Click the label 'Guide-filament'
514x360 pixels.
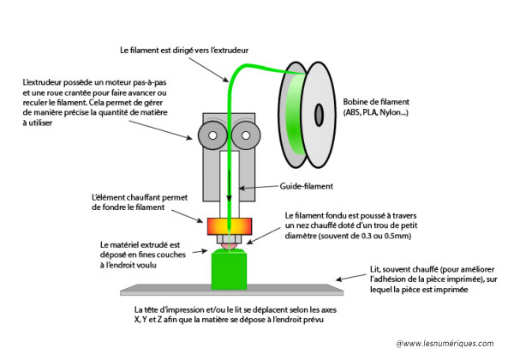pos(305,185)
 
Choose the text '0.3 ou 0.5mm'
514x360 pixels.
pos(380,237)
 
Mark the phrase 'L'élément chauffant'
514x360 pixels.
pos(117,195)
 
